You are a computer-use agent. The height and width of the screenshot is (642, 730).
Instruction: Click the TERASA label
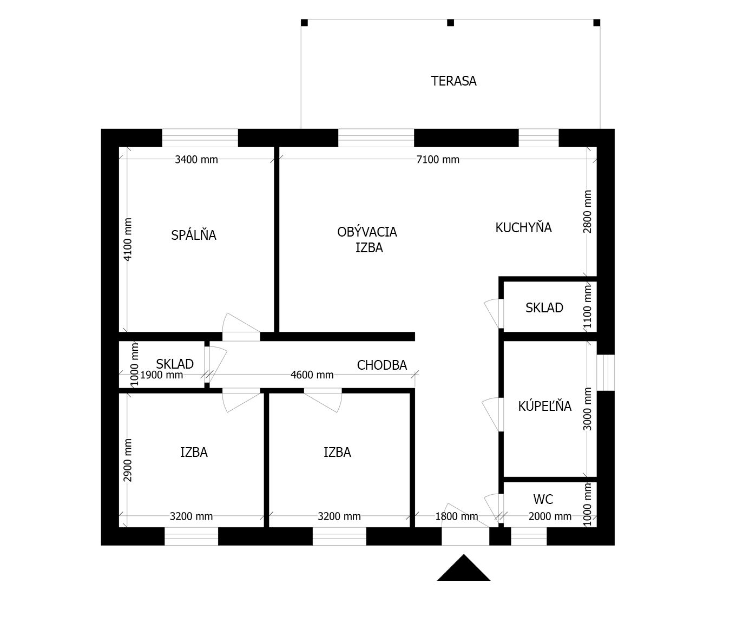pyautogui.click(x=453, y=81)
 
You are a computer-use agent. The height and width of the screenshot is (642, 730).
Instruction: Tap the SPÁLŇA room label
pyautogui.click(x=194, y=234)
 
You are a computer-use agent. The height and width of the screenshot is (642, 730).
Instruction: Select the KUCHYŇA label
pyautogui.click(x=523, y=227)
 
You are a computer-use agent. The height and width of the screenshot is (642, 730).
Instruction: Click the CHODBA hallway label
pyautogui.click(x=382, y=365)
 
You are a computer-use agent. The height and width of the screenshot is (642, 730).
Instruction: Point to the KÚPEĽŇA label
pyautogui.click(x=544, y=405)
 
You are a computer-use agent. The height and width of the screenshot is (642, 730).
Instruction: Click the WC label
pyautogui.click(x=543, y=499)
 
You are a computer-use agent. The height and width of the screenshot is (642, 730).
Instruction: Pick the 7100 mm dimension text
pyautogui.click(x=438, y=159)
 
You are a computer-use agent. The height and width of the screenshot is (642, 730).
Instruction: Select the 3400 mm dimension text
pyautogui.click(x=196, y=159)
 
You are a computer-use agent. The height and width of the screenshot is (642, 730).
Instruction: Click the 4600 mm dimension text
pyautogui.click(x=312, y=375)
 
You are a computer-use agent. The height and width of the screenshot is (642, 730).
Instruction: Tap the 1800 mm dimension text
pyautogui.click(x=457, y=516)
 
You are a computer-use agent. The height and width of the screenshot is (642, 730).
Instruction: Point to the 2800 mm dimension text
pyautogui.click(x=587, y=212)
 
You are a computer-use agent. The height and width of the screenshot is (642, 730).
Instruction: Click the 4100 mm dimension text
pyautogui.click(x=128, y=239)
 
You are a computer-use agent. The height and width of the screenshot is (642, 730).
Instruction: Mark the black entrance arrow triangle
pyautogui.click(x=463, y=568)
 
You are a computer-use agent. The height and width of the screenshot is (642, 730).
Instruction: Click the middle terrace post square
pyautogui.click(x=450, y=23)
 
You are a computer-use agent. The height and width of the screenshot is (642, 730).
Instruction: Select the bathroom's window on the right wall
pyautogui.click(x=606, y=372)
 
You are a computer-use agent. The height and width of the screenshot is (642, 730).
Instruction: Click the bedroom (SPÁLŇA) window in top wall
pyautogui.click(x=200, y=137)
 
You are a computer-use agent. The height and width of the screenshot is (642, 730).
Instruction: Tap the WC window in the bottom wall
pyautogui.click(x=529, y=536)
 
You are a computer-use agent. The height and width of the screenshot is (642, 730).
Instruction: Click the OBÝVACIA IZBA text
pyautogui.click(x=367, y=240)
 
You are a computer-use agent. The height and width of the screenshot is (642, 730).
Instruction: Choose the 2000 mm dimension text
pyautogui.click(x=550, y=516)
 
